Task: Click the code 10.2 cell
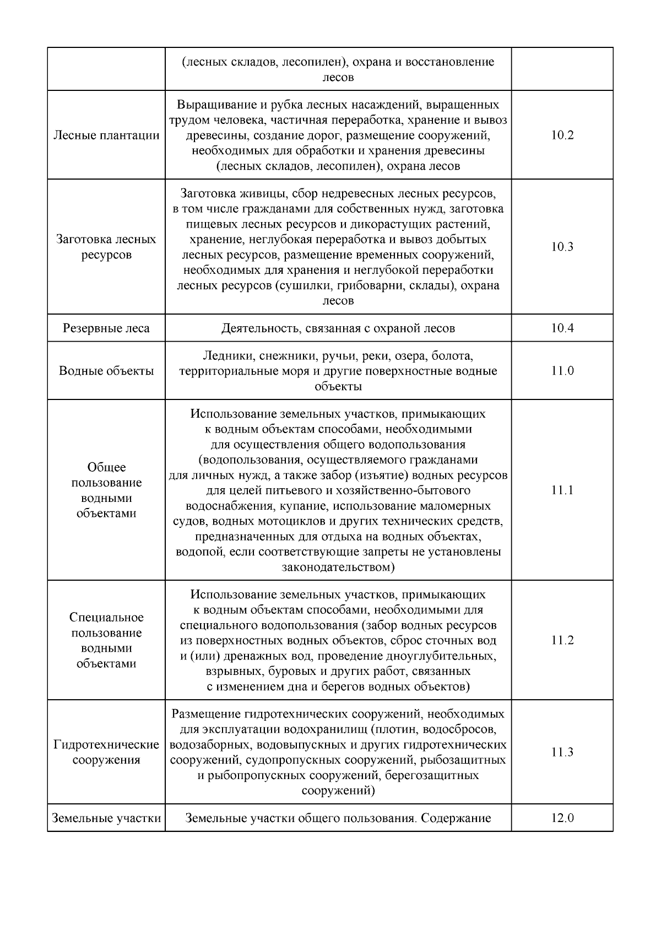[x=562, y=136]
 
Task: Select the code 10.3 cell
[x=562, y=247]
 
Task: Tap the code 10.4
[x=562, y=328]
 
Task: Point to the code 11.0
[x=562, y=371]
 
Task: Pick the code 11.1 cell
[x=562, y=490]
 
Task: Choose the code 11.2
[x=562, y=640]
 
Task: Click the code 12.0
[x=562, y=818]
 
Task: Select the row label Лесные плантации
[x=106, y=136]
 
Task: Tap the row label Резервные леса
[x=106, y=328]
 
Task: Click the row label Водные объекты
[x=106, y=371]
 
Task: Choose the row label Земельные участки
[x=106, y=818]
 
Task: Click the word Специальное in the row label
[x=106, y=618]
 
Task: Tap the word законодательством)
[x=338, y=567]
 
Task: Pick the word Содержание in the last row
[x=456, y=818]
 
